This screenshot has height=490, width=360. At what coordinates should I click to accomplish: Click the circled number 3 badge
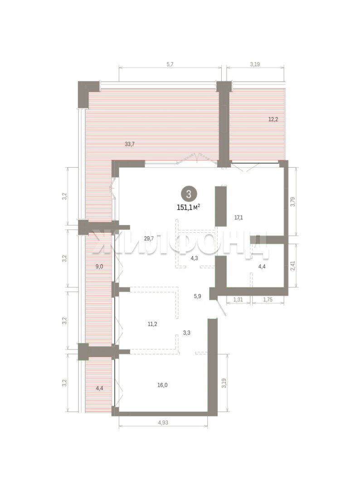pos(189,194)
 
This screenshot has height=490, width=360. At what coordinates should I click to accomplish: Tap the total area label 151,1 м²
pos(189,207)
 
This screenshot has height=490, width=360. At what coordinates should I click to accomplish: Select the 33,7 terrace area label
pos(130,144)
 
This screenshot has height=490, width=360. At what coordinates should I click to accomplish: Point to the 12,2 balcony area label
pos(273,119)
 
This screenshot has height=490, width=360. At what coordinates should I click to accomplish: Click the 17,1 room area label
pos(238,217)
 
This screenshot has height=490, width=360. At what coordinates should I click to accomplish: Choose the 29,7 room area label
pos(149,239)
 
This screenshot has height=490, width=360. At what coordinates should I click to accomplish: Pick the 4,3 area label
pos(194,258)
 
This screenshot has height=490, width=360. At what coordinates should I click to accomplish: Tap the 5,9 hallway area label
pos(197,296)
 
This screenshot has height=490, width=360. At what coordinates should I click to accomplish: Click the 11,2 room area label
pos(152,324)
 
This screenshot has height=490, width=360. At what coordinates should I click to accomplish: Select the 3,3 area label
pos(187,333)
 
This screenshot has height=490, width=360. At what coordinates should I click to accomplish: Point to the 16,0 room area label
pos(162,385)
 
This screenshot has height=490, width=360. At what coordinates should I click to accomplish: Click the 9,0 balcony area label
pos(99,267)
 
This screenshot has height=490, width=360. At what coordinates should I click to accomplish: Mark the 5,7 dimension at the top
pos(170,64)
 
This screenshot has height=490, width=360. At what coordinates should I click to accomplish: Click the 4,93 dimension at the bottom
pos(163,422)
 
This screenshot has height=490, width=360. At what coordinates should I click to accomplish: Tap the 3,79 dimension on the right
pos(292,202)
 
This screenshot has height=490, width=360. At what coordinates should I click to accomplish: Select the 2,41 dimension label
pos(292,265)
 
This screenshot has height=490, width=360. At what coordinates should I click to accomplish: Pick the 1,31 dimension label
pos(238,299)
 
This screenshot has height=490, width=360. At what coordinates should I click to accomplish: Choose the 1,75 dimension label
pos(268,299)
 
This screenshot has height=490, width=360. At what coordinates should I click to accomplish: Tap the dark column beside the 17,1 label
pos(221,206)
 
